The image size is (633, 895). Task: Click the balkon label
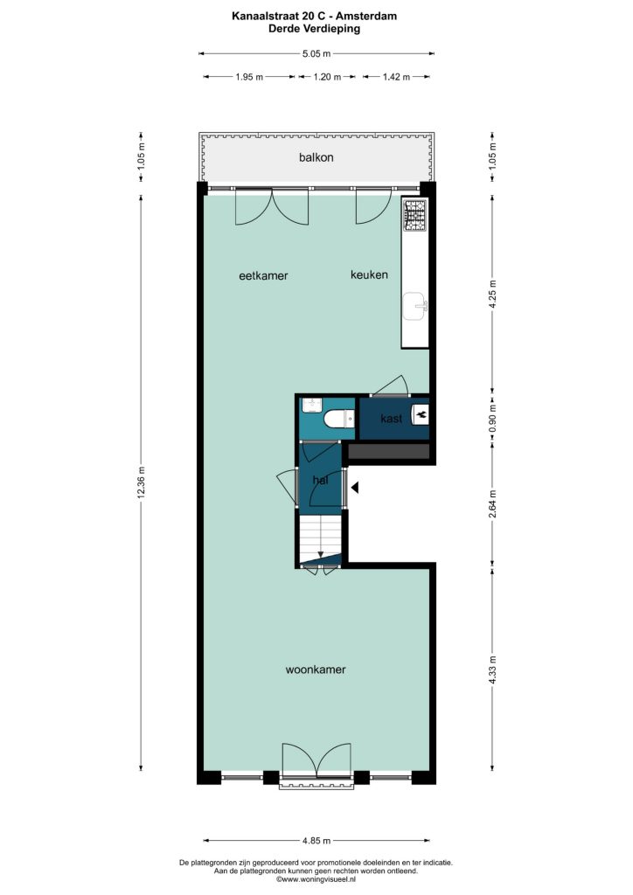[316, 157]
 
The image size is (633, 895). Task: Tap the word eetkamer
[263, 275]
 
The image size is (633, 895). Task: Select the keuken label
[369, 274]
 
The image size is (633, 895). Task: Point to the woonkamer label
[316, 670]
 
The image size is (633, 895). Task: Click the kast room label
[392, 419]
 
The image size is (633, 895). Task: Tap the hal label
[321, 481]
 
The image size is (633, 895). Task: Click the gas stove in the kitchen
[415, 215]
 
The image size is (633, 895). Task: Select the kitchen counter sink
[415, 307]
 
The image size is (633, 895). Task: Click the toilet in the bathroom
[339, 420]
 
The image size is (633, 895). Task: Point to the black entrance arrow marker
[355, 488]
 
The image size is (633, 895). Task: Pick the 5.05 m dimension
[316, 53]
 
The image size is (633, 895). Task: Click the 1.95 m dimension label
[249, 77]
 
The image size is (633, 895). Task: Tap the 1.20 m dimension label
[327, 77]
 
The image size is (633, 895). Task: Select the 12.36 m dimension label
[142, 482]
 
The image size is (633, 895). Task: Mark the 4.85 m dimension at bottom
[316, 841]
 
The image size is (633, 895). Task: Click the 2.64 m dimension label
[493, 504]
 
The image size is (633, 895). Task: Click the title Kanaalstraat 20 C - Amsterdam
[315, 16]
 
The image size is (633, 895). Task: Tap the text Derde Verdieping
[315, 29]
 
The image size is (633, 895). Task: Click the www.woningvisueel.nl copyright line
[316, 879]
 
